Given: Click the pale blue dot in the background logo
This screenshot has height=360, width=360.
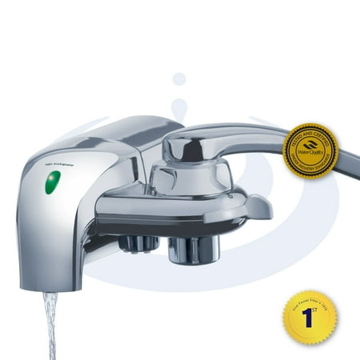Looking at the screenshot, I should point(179,78).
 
